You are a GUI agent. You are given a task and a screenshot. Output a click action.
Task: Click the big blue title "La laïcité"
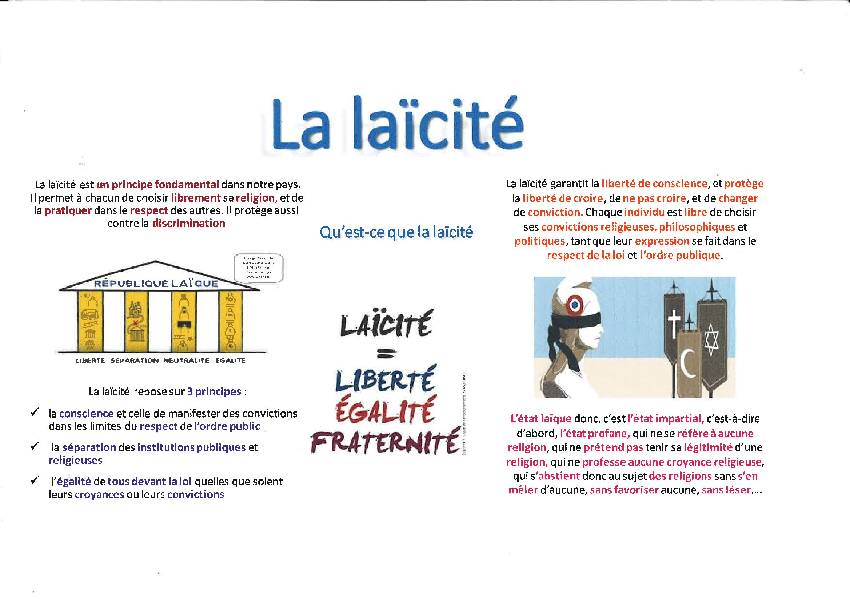(397, 124)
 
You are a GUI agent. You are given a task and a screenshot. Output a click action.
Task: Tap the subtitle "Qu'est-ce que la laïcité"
(396, 232)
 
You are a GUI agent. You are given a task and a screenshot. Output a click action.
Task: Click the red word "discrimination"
(188, 224)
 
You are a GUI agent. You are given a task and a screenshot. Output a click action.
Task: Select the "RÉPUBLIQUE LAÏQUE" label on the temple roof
(156, 284)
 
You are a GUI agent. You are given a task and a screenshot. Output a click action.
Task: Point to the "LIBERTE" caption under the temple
(90, 361)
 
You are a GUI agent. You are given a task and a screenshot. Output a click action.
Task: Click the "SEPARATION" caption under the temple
(135, 361)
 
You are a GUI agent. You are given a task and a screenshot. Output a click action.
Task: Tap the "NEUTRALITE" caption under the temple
(186, 361)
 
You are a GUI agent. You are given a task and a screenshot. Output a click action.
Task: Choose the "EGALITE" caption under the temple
(230, 361)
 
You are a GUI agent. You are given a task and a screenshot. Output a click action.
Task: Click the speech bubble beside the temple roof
(258, 268)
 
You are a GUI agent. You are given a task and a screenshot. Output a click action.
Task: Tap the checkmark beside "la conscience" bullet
(35, 412)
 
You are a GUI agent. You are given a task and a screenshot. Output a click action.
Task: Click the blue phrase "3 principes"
(214, 391)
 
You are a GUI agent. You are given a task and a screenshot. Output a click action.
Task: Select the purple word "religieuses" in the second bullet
(76, 460)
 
